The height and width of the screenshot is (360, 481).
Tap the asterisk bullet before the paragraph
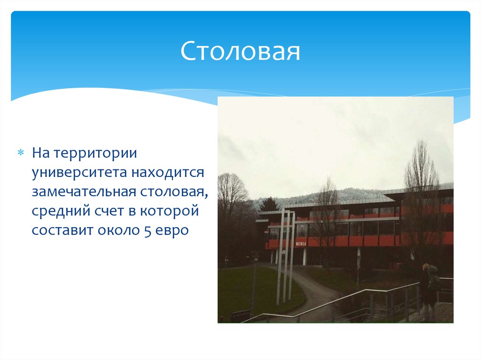click(x=21, y=153)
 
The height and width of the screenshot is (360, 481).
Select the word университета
click(x=80, y=173)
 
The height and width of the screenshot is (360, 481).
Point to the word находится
click(x=168, y=173)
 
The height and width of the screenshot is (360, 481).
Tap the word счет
click(x=106, y=212)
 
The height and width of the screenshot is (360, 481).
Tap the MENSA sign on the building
click(x=301, y=244)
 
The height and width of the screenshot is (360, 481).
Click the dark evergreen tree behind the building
click(x=269, y=205)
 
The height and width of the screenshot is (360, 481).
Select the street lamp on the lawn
click(x=254, y=282)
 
